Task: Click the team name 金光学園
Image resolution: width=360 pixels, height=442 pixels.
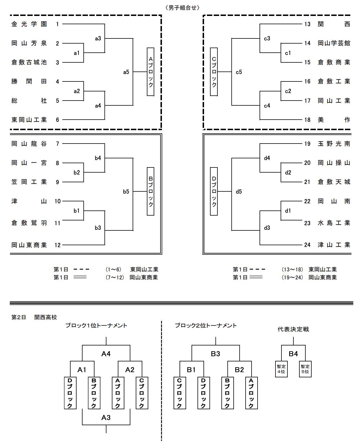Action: click(x=29, y=24)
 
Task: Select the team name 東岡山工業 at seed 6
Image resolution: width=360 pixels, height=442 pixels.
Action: click(x=29, y=120)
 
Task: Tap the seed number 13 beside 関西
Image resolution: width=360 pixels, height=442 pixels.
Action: click(x=307, y=24)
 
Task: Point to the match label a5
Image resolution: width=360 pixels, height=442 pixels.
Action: click(x=126, y=72)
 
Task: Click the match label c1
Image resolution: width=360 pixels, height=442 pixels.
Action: click(x=288, y=53)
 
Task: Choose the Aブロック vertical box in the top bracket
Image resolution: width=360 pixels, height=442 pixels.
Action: click(x=151, y=72)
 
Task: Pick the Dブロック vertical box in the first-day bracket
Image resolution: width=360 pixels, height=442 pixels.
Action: click(x=214, y=191)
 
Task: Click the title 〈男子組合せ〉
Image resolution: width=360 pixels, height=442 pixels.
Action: click(x=182, y=8)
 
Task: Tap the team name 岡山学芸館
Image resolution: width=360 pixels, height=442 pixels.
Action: click(x=334, y=43)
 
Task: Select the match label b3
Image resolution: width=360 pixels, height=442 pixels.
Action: click(x=98, y=228)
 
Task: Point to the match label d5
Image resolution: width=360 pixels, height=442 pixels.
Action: click(x=239, y=192)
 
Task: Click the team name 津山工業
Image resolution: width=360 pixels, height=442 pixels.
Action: click(x=334, y=245)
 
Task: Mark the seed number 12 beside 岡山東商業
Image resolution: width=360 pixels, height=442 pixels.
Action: click(x=57, y=245)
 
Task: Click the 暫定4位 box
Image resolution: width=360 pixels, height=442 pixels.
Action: click(x=281, y=369)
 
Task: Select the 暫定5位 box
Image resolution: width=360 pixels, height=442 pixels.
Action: click(x=305, y=369)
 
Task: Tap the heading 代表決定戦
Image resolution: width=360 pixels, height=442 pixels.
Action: click(x=293, y=329)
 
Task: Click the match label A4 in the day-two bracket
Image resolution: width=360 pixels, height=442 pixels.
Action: click(x=106, y=354)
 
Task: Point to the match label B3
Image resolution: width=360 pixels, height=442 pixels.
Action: click(x=215, y=354)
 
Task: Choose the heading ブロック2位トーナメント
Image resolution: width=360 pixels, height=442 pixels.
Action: click(x=205, y=326)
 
